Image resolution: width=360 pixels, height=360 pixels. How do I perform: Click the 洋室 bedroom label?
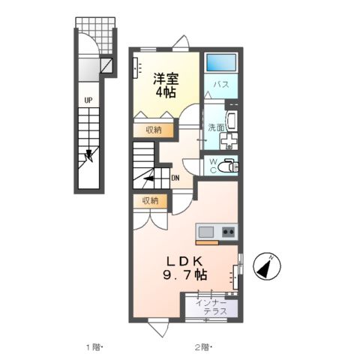pyautogui.click(x=165, y=77)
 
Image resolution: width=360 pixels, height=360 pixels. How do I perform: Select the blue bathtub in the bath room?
pyautogui.click(x=222, y=63)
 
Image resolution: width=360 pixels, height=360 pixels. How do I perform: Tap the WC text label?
pyautogui.click(x=212, y=166)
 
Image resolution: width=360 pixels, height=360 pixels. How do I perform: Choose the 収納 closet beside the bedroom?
pyautogui.click(x=154, y=130)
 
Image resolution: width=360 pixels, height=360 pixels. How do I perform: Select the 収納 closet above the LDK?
pyautogui.click(x=150, y=200)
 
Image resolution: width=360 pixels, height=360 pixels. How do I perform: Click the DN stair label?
pyautogui.click(x=175, y=178)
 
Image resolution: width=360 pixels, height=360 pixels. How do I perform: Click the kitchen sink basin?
pyautogui.click(x=206, y=231)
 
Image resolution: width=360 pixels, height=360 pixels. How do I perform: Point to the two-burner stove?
pyautogui.click(x=228, y=231)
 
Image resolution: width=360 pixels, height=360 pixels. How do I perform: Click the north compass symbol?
pyautogui.click(x=265, y=265)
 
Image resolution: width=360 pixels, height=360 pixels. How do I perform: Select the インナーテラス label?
pyautogui.click(x=212, y=307)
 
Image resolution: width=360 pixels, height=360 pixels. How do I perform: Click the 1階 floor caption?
pyautogui.click(x=93, y=346)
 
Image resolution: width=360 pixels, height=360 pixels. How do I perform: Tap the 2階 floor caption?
pyautogui.click(x=203, y=346)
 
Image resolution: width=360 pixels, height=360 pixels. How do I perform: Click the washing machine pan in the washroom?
pyautogui.click(x=231, y=142)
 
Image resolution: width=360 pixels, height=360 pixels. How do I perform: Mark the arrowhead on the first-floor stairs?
pyautogui.click(x=89, y=157)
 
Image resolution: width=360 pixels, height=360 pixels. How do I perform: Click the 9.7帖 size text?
pyautogui.click(x=184, y=275)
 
